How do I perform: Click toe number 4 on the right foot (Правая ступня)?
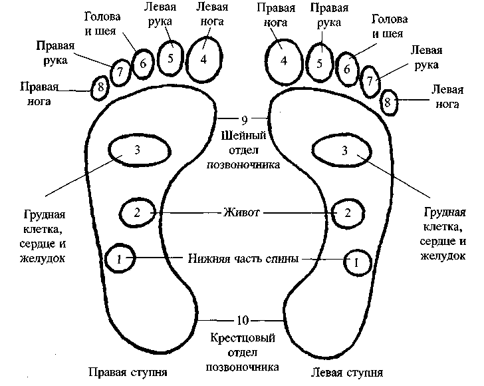[204, 58]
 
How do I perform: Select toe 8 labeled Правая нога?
[100, 87]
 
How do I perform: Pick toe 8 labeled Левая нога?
[389, 102]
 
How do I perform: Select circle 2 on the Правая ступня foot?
[136, 213]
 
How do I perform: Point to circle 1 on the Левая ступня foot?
[356, 262]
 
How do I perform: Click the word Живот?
[242, 213]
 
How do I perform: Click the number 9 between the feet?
[244, 120]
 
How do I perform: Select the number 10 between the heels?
[244, 318]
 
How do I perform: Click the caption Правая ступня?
[127, 371]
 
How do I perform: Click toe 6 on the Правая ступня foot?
[142, 65]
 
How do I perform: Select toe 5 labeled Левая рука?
[171, 58]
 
